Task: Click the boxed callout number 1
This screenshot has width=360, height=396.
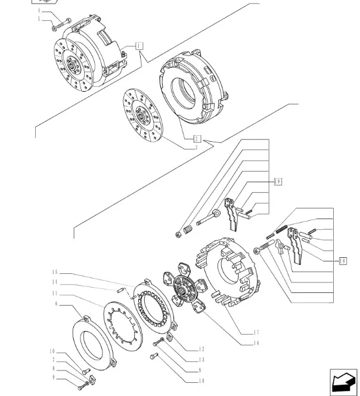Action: coord(139,45)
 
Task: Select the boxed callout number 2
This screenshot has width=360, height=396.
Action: coord(196,138)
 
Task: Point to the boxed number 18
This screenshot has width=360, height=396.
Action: coord(342,260)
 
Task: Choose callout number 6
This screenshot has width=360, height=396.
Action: coord(55,304)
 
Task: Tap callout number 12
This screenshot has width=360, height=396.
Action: coord(201,349)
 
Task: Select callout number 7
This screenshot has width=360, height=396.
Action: coord(53,360)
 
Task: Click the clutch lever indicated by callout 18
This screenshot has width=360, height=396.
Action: coord(297,248)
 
